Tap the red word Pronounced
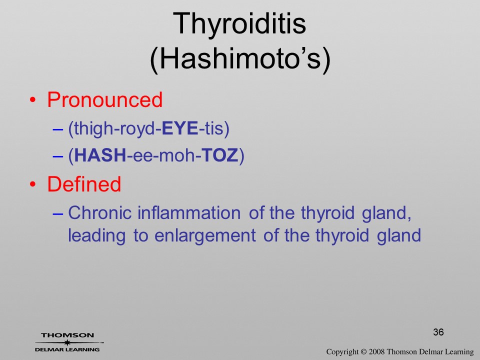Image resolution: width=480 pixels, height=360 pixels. click(x=104, y=100)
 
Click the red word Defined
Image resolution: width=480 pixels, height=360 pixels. click(x=84, y=184)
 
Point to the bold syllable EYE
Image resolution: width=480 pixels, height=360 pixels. click(x=179, y=128)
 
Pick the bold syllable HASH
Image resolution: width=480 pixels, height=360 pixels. click(x=100, y=155)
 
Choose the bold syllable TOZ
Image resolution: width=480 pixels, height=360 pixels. click(x=220, y=155)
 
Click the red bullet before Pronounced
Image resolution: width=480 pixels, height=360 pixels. click(x=33, y=100)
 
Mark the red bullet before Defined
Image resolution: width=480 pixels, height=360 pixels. click(x=33, y=184)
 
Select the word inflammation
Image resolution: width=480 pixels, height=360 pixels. click(x=189, y=212)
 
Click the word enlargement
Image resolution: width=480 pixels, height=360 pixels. click(x=205, y=235)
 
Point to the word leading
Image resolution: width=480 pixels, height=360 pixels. click(x=96, y=235)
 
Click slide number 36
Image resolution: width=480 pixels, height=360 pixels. click(x=438, y=332)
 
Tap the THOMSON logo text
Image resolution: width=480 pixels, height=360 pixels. click(x=67, y=335)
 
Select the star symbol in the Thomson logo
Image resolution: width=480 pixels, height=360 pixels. click(x=67, y=342)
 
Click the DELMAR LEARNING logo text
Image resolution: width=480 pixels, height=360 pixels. click(x=67, y=349)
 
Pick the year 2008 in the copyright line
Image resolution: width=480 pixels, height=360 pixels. click(x=376, y=351)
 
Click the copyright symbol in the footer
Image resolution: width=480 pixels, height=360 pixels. click(x=363, y=352)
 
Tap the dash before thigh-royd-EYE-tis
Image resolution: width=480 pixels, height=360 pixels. click(x=58, y=129)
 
